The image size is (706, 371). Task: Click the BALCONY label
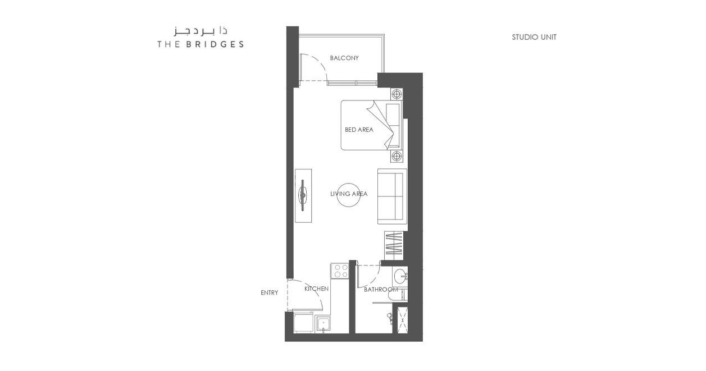click(x=344, y=58)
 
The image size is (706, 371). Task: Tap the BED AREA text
click(x=359, y=130)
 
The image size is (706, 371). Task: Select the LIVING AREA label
click(x=349, y=194)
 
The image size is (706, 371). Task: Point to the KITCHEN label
click(x=316, y=288)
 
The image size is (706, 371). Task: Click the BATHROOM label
click(x=381, y=290)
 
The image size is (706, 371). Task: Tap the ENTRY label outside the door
click(x=269, y=292)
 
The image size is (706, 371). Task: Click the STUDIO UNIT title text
click(x=534, y=37)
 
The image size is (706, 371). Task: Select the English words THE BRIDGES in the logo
click(x=201, y=44)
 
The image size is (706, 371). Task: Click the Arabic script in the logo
click(x=201, y=31)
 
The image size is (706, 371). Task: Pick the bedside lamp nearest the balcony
click(x=397, y=94)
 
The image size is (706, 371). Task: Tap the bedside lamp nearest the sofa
click(x=397, y=156)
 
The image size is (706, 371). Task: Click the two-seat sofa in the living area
click(x=392, y=196)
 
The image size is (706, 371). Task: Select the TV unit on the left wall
click(x=303, y=196)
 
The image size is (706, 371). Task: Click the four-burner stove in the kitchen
click(x=340, y=271)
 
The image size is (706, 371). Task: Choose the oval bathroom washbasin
click(x=400, y=277)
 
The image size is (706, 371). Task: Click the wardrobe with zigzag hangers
click(x=394, y=246)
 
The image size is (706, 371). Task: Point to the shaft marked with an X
click(x=402, y=320)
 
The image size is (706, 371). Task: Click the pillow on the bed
click(x=393, y=125)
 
